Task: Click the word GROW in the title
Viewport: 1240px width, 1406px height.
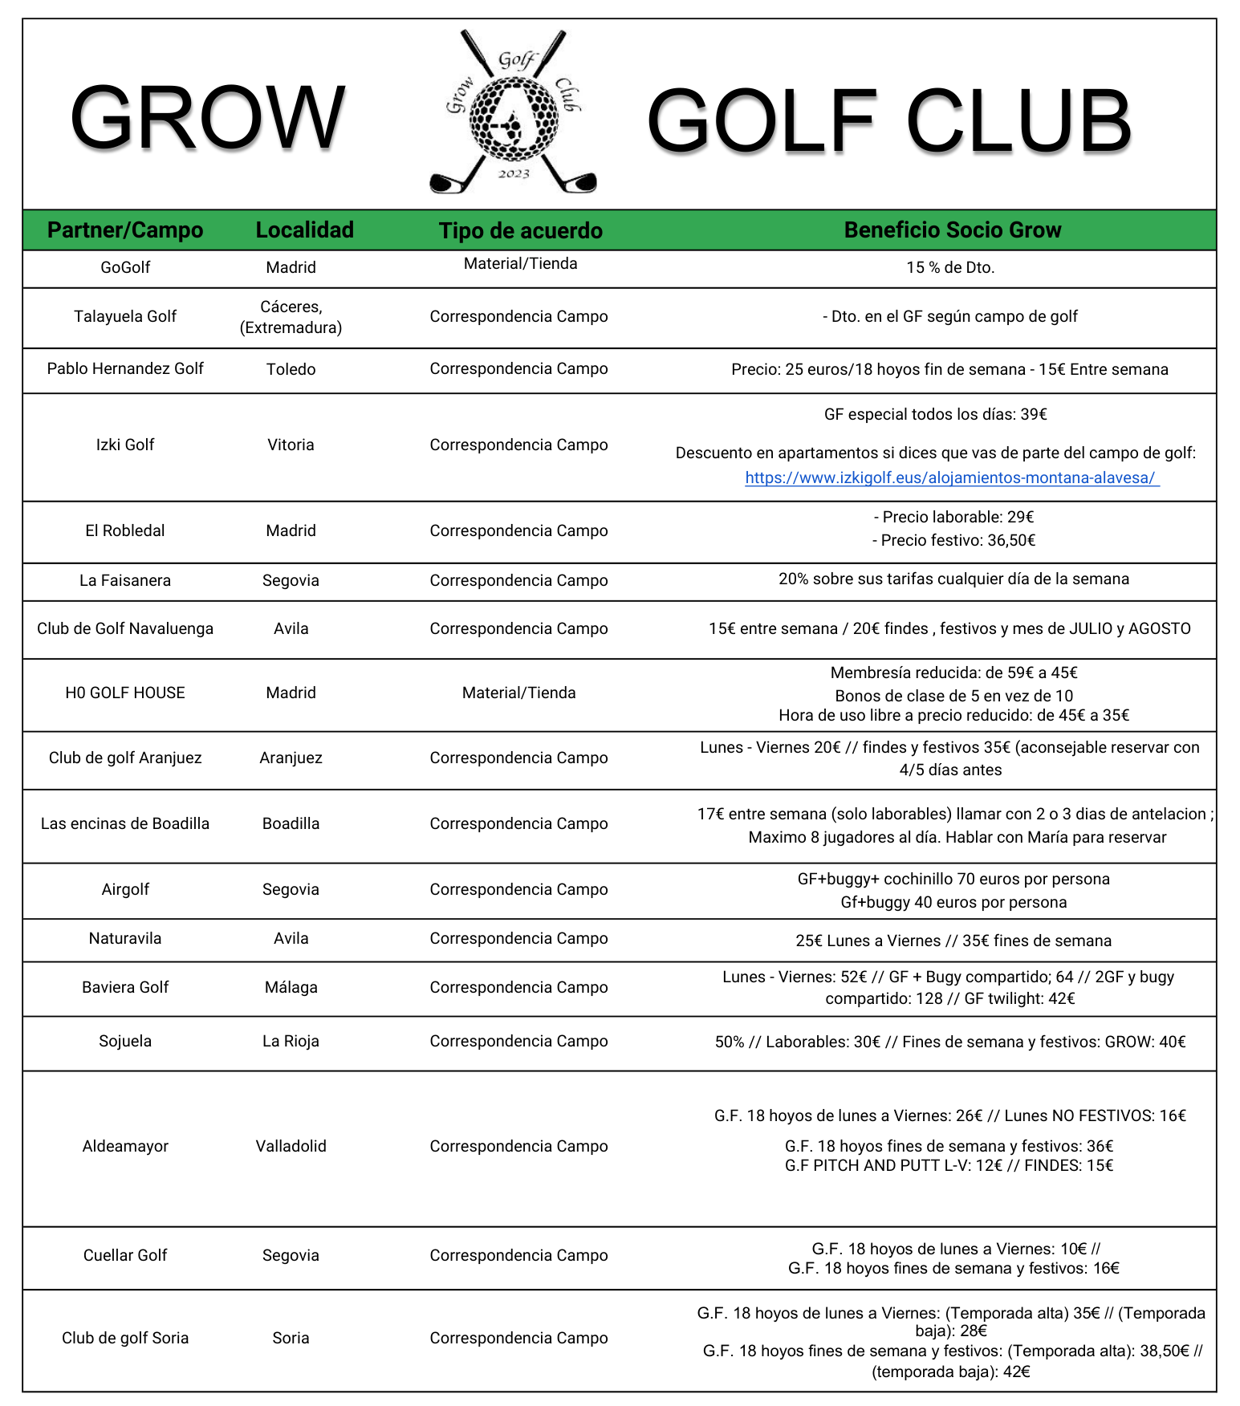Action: [207, 119]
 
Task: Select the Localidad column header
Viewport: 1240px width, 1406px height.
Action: [304, 230]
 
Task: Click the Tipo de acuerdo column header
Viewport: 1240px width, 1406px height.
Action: [520, 231]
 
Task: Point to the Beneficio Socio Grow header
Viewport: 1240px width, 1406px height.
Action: [952, 230]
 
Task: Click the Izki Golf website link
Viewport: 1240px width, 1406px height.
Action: [951, 478]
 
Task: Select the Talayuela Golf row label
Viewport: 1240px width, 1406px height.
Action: [125, 317]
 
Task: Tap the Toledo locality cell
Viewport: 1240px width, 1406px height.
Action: [291, 370]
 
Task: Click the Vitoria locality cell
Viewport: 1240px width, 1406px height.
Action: [291, 445]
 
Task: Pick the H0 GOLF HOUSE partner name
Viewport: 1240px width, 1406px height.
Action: [125, 693]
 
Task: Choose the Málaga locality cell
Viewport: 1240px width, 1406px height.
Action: [291, 988]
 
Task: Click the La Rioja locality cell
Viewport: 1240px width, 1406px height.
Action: [291, 1042]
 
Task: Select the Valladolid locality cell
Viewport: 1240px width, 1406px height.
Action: [291, 1147]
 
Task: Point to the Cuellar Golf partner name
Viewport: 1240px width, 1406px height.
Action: [125, 1256]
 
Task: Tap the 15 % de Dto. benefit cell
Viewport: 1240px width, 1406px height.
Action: [950, 268]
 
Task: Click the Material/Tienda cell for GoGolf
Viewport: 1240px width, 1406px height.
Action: [520, 264]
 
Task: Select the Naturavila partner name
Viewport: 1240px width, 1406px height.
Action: [125, 939]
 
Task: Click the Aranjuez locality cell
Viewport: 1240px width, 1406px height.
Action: [291, 758]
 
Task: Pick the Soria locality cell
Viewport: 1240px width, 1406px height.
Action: [291, 1339]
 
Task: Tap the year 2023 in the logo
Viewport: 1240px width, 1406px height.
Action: [514, 174]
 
